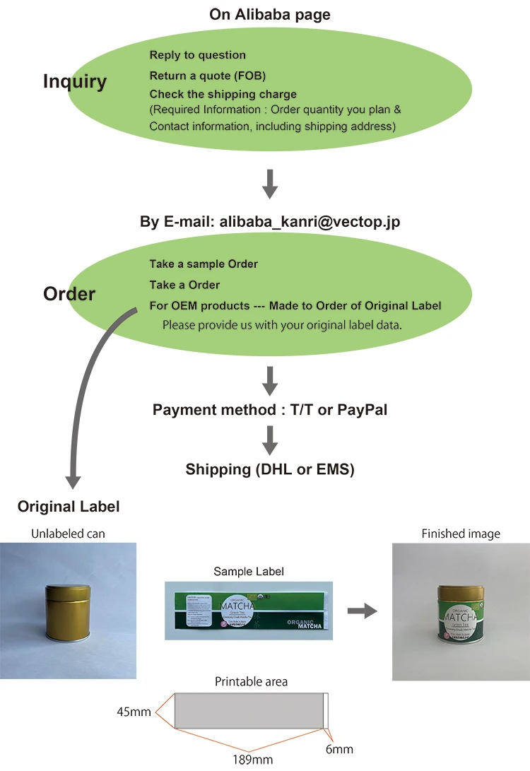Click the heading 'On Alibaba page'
click(269, 14)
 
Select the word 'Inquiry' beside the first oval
click(75, 81)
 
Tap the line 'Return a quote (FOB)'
click(207, 75)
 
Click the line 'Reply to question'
click(197, 55)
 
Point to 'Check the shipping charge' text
click(223, 94)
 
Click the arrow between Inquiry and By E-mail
click(269, 183)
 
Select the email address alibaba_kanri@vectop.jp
click(310, 221)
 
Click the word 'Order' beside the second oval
click(69, 293)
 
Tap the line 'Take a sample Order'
click(204, 264)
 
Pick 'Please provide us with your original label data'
click(282, 325)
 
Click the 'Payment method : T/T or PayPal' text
click(270, 410)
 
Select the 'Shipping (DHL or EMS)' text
click(269, 469)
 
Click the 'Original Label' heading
click(69, 507)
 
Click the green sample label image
click(249, 611)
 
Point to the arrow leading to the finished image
click(363, 611)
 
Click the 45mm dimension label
click(134, 712)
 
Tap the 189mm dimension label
click(252, 760)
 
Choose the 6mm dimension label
click(340, 749)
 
